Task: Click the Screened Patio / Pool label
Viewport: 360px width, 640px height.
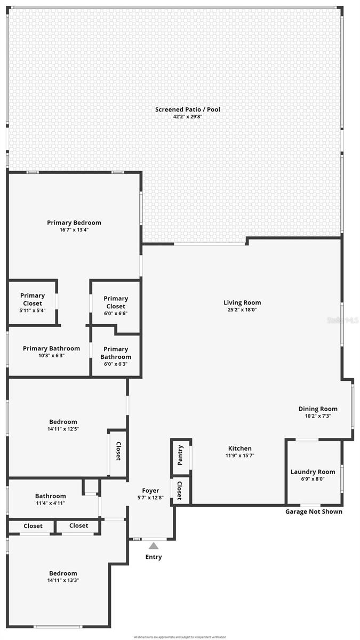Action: click(x=187, y=109)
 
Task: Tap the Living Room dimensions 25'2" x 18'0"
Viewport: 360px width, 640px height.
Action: click(x=242, y=309)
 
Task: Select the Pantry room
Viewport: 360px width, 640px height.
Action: click(x=181, y=455)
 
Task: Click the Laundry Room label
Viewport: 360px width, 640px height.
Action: click(x=313, y=471)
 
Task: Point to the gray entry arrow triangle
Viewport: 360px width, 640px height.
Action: click(x=154, y=546)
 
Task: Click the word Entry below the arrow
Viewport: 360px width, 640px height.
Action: click(x=154, y=557)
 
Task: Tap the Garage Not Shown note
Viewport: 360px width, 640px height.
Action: click(x=314, y=511)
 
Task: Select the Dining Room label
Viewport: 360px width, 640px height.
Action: click(x=317, y=409)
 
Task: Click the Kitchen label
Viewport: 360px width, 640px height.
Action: click(x=239, y=449)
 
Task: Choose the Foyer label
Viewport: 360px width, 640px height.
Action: click(x=150, y=491)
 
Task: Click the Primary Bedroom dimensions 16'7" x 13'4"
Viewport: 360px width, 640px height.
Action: click(x=74, y=230)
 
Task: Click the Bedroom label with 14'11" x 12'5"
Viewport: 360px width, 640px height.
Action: click(x=63, y=422)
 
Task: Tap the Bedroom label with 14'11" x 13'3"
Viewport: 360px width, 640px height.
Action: click(x=63, y=573)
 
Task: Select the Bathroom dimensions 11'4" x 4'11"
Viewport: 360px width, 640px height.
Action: click(x=51, y=503)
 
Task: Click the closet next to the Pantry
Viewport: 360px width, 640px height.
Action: click(x=180, y=491)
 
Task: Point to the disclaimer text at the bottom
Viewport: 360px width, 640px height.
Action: click(x=180, y=637)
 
